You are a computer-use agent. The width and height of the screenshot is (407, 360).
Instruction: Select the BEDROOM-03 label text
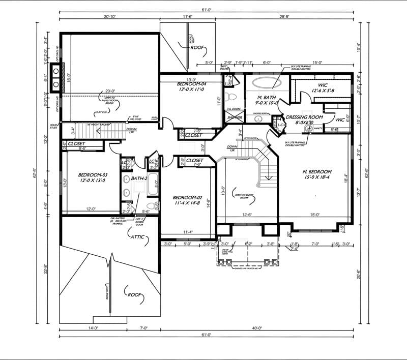coord(82,174)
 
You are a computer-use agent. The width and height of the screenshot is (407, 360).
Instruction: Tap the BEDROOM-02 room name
coord(188,198)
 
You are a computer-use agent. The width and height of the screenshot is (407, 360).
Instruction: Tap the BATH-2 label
coord(138,178)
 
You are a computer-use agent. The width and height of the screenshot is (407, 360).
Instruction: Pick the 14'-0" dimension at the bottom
coord(93,328)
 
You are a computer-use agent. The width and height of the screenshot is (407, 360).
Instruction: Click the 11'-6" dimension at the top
coord(187,17)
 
